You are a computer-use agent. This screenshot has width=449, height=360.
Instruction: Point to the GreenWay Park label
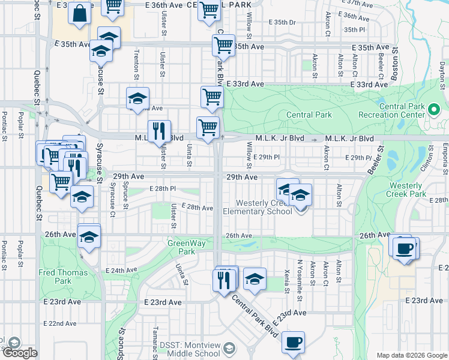[x=182, y=247]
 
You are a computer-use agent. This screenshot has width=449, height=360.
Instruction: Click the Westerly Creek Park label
[x=415, y=190]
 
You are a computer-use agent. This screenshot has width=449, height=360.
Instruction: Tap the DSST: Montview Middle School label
[x=190, y=349]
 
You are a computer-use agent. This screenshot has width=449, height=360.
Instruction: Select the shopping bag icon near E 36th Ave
[x=79, y=13]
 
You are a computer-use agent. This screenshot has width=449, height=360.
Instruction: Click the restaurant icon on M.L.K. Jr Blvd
[x=159, y=131]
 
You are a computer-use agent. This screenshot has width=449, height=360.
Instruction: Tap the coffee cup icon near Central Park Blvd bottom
[x=292, y=343]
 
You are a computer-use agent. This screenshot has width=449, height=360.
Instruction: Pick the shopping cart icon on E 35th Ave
[x=223, y=44]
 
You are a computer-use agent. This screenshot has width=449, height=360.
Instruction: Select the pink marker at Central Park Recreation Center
[x=435, y=110]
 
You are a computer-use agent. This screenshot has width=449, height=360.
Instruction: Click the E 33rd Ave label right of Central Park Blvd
[x=240, y=85]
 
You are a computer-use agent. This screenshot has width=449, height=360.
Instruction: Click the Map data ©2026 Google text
[x=412, y=355]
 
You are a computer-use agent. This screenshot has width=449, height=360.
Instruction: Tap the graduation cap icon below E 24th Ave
[x=255, y=278]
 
